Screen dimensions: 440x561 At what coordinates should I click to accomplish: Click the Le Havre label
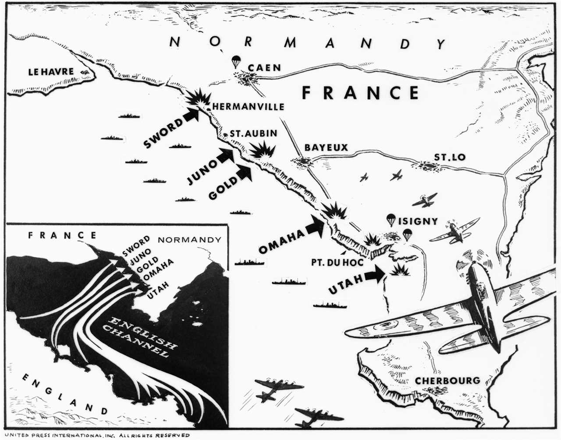[51, 72]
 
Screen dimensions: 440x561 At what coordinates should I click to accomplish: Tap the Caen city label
[264, 67]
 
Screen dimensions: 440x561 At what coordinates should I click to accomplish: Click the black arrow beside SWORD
[190, 115]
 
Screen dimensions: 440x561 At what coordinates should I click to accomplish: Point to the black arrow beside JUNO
[225, 155]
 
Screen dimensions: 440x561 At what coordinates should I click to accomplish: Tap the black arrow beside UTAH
[374, 275]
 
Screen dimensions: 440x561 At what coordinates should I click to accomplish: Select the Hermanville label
[248, 106]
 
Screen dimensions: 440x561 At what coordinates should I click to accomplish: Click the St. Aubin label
[253, 134]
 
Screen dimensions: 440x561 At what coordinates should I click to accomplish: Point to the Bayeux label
[326, 148]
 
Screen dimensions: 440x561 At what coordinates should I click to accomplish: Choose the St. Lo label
[450, 157]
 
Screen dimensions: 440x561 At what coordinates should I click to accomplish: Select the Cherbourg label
[447, 380]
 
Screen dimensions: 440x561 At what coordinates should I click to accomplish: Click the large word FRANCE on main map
[361, 93]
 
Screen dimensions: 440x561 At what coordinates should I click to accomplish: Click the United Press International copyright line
[96, 435]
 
